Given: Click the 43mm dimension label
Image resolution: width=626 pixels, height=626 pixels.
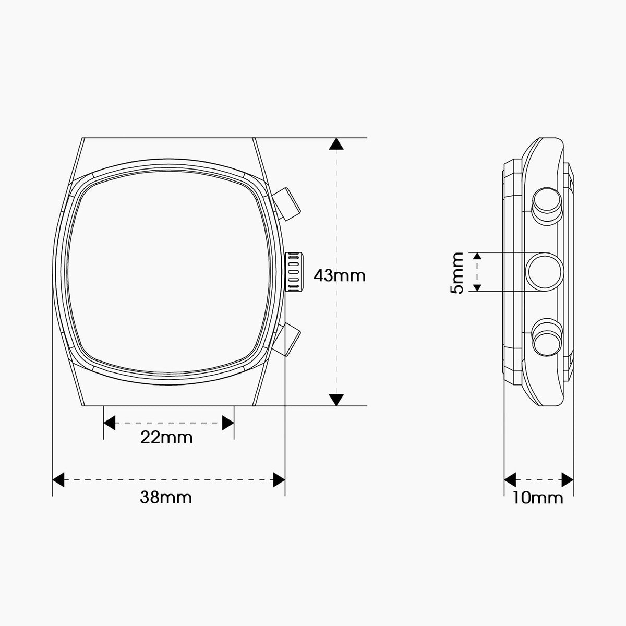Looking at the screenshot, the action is pos(340,276).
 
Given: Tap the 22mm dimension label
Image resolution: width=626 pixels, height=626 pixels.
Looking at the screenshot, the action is pos(166,437).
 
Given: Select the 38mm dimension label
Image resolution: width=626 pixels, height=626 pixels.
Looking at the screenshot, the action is pos(166,497).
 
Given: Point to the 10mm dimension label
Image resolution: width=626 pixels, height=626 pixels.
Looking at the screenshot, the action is pos(538,498).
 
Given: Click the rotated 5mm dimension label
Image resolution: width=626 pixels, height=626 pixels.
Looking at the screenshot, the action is pos(457,273).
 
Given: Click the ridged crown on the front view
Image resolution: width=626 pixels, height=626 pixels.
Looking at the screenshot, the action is pos(294,272).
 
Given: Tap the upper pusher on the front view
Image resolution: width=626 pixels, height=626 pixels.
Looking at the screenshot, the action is pos(286,204).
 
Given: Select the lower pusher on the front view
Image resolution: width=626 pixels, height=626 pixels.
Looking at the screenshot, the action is pos(286,340).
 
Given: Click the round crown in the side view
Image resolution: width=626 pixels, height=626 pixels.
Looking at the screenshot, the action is pos(545,272).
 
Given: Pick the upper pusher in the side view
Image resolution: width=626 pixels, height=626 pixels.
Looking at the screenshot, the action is pos(547,206).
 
